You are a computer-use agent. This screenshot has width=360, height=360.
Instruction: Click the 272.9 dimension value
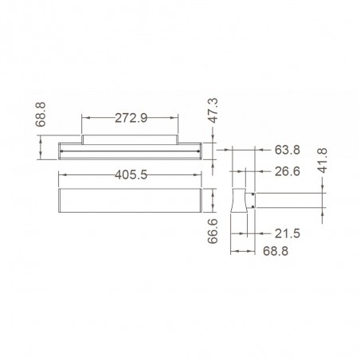pyautogui.click(x=131, y=119)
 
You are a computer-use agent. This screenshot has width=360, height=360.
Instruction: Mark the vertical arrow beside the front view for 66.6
pyautogui.click(x=213, y=200)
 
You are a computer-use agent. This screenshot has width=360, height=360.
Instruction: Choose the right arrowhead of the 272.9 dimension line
pyautogui.click(x=178, y=119)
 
